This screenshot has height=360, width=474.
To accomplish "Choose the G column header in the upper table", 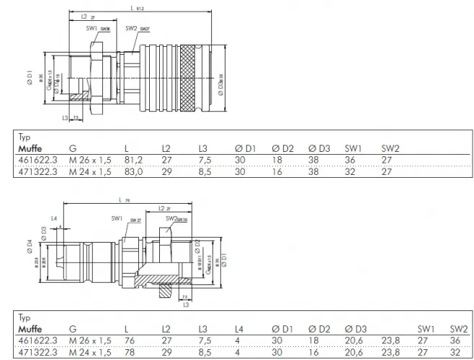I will tap(72, 149).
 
